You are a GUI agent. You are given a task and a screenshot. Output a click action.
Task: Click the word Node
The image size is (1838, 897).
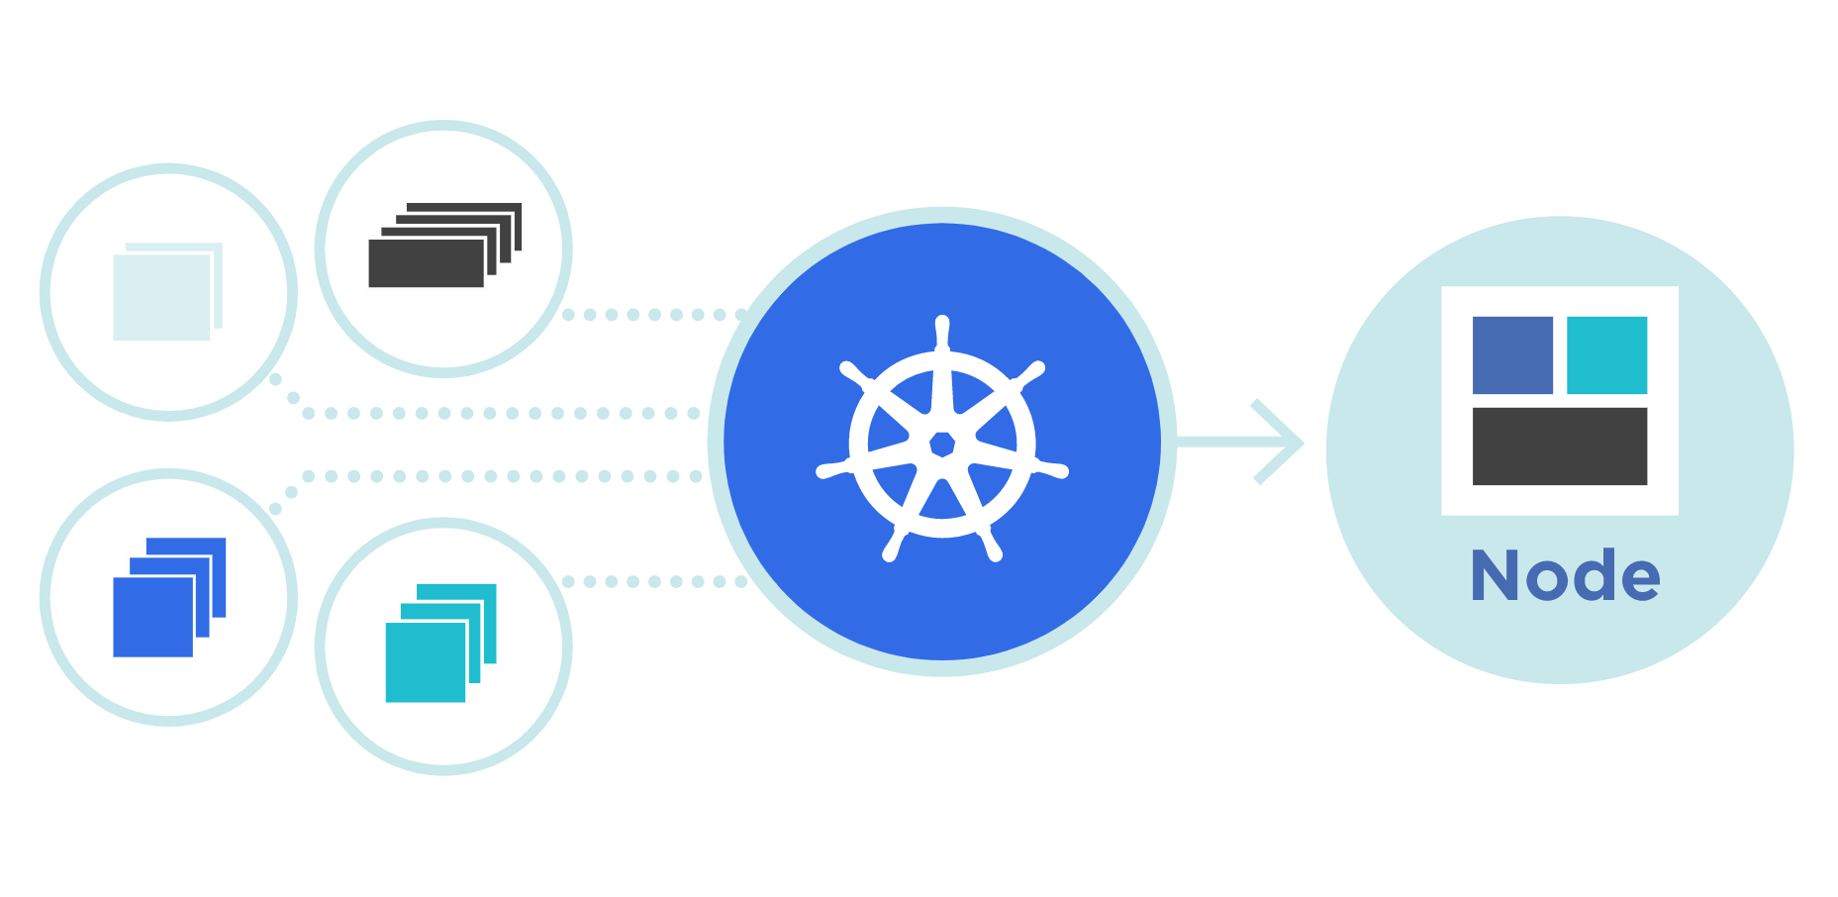pos(1566,575)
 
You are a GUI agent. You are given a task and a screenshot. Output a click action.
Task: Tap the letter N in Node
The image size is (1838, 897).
pos(1496,575)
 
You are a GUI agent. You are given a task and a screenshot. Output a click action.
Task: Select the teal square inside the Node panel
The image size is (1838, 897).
pos(1606,355)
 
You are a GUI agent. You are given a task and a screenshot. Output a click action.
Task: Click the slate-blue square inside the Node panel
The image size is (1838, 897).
pos(1512,355)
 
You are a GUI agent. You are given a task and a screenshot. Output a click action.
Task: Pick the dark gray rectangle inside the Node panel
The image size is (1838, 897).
pos(1560,447)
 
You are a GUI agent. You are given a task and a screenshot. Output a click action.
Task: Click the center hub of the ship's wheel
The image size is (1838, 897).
pos(942,444)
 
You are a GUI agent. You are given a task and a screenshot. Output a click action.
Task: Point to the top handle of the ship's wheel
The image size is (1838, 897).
pos(942,333)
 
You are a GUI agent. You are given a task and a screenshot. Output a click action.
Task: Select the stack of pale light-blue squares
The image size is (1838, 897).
pos(167,291)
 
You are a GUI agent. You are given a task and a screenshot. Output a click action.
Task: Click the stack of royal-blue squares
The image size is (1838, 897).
pos(169,597)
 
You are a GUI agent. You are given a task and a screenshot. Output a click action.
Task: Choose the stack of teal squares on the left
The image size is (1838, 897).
pos(440,643)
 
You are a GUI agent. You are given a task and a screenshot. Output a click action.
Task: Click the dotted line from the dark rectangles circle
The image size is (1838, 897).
pos(654,315)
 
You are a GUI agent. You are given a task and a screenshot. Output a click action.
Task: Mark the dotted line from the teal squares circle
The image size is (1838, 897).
pos(654,581)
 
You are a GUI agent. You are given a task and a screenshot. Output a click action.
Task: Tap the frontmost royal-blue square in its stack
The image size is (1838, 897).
pos(152,617)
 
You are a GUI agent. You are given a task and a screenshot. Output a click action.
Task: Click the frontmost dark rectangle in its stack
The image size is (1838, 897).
pos(426,263)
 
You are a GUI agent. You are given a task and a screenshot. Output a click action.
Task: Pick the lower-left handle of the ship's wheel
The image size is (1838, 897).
pos(894,544)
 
